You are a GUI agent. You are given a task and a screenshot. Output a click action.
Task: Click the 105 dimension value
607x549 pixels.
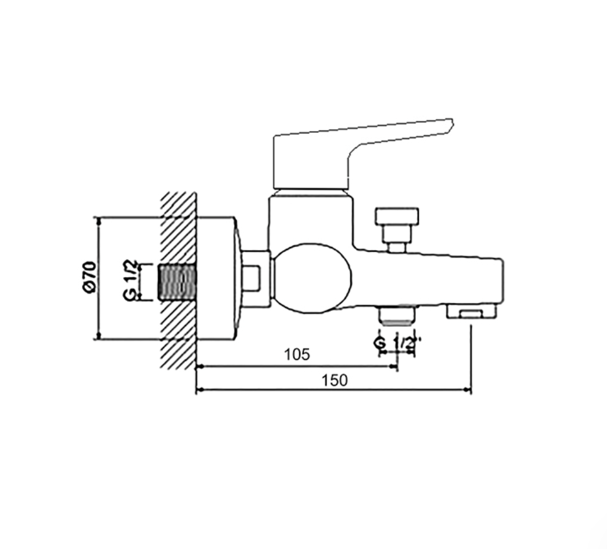(297, 354)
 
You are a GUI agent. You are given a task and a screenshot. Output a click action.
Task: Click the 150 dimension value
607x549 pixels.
(335, 381)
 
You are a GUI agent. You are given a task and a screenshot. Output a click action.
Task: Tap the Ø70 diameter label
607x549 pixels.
(89, 277)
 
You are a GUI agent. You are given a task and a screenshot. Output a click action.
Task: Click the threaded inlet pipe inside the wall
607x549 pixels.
(177, 282)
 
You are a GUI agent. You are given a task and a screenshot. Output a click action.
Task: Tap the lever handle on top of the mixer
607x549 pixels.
(362, 153)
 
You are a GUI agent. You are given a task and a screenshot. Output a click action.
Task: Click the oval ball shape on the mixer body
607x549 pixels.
(312, 278)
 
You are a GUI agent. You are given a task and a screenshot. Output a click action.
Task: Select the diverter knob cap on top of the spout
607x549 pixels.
(397, 216)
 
